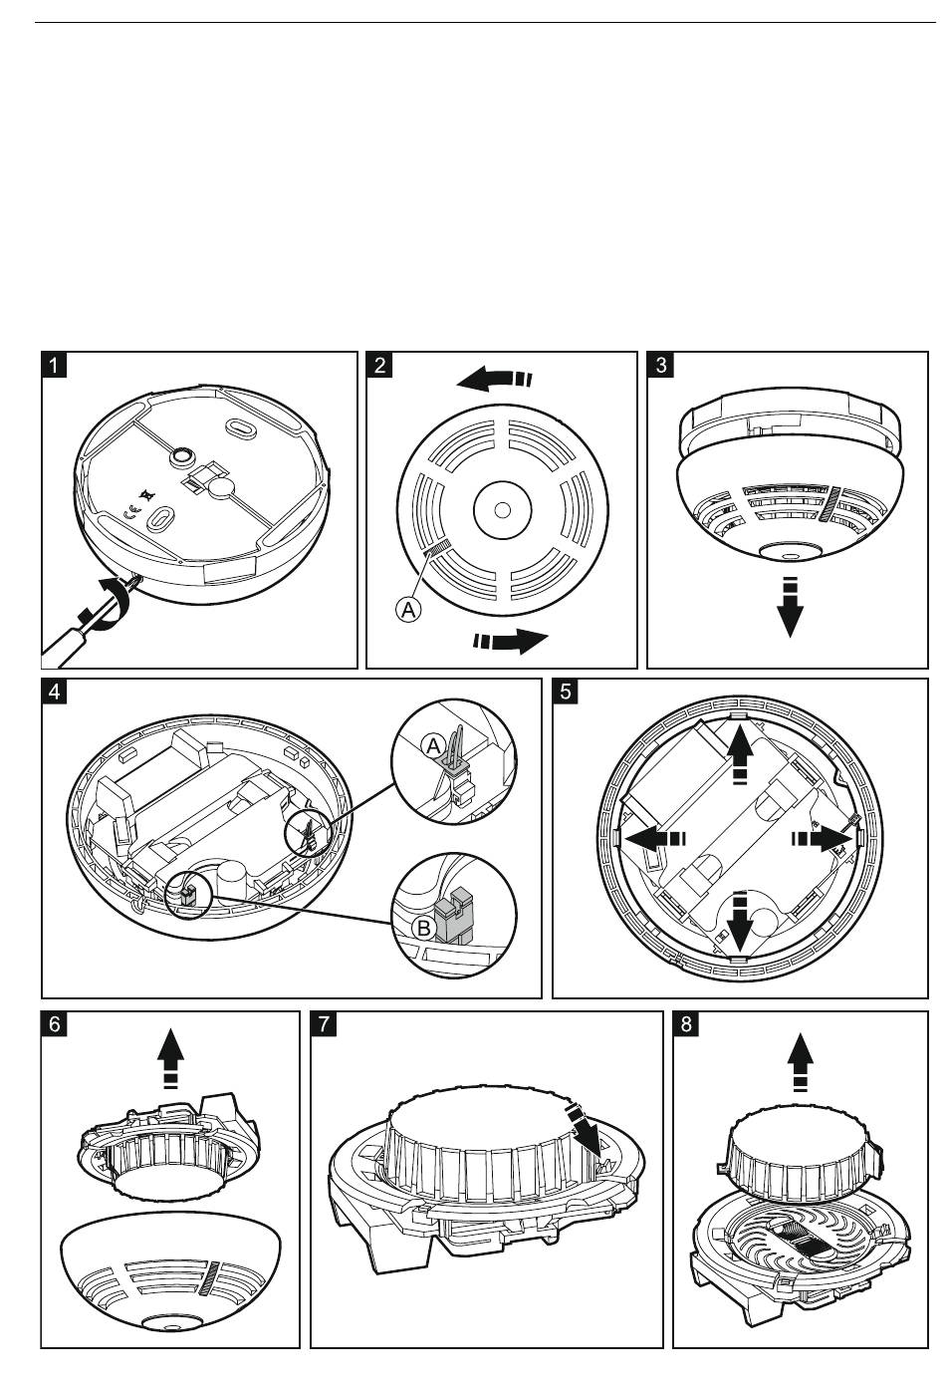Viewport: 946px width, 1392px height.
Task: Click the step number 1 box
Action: point(54,364)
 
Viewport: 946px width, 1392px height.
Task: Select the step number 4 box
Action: point(54,691)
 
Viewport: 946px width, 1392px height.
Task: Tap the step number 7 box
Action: point(324,1024)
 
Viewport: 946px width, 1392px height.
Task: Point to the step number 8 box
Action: point(686,1024)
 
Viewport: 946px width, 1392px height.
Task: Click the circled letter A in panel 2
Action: point(408,609)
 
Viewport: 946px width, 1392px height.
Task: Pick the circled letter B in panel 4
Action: point(423,928)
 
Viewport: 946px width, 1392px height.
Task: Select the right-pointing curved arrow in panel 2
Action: point(511,641)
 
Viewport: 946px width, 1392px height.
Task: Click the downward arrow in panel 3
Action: point(790,609)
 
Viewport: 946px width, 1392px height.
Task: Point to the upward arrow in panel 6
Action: point(171,1059)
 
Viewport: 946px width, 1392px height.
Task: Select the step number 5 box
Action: point(565,691)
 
